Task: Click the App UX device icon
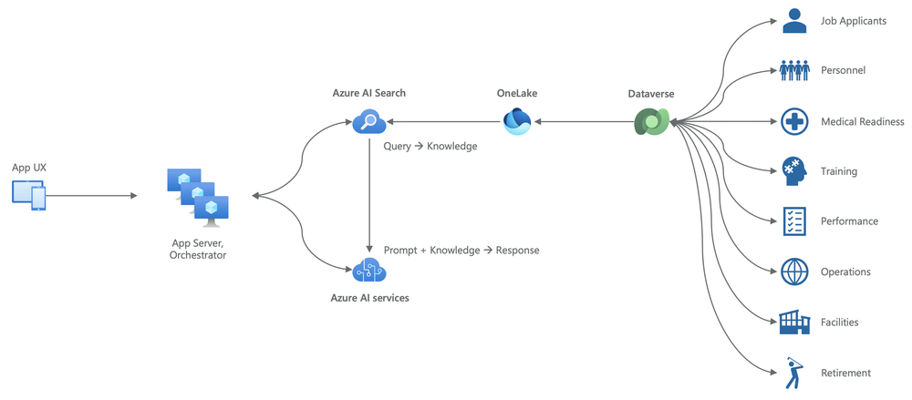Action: (x=28, y=195)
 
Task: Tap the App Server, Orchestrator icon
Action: (x=197, y=195)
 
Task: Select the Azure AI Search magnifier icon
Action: (x=369, y=121)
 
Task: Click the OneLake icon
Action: (x=518, y=121)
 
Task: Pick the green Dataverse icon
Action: (x=652, y=122)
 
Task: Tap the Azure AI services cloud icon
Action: (x=369, y=270)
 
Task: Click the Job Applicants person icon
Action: (x=794, y=21)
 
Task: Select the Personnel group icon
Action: (x=795, y=70)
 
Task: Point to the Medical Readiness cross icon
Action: (x=794, y=121)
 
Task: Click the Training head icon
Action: (x=794, y=171)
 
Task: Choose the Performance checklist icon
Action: (x=794, y=221)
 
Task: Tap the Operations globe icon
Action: (x=794, y=272)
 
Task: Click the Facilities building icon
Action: (x=794, y=322)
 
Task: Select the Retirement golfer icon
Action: (x=794, y=372)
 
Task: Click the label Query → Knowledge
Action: (x=430, y=146)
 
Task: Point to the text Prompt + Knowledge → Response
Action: (x=461, y=250)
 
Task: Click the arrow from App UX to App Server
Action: (x=92, y=195)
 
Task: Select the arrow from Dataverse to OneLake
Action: (x=585, y=121)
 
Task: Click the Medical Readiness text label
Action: (x=862, y=121)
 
